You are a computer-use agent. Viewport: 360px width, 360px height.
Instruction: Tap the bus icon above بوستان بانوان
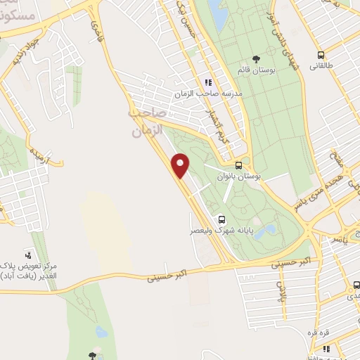[239, 166]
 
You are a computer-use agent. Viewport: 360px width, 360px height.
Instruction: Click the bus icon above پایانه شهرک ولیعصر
[222, 219]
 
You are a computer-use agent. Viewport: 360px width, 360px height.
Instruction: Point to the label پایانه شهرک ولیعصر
[215, 230]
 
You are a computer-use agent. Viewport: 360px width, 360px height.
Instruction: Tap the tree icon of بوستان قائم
[255, 60]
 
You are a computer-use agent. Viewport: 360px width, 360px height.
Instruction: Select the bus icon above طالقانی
[321, 56]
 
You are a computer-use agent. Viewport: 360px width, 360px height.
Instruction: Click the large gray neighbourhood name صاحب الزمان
[147, 121]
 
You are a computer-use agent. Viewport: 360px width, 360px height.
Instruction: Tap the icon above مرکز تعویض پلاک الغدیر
[27, 254]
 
